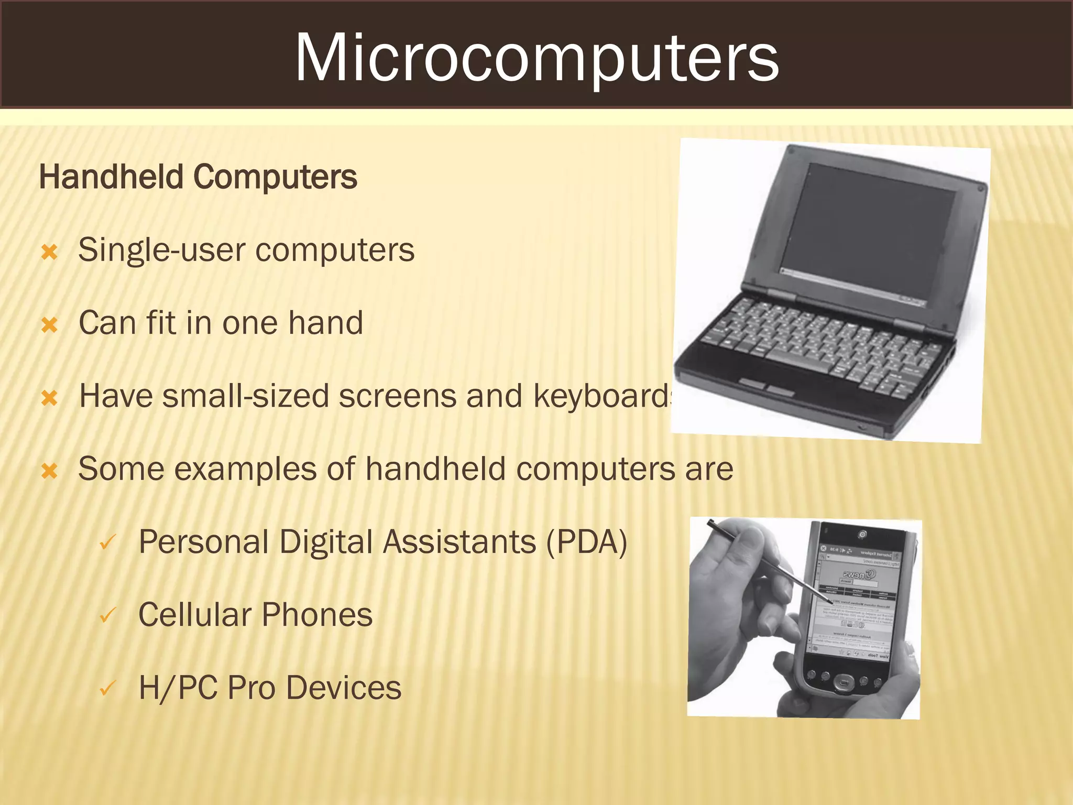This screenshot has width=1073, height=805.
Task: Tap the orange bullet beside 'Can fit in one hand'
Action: point(49,325)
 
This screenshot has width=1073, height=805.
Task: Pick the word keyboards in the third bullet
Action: point(603,397)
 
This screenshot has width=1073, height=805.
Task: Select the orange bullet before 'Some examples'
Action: point(49,471)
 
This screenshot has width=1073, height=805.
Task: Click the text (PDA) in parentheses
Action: point(586,542)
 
